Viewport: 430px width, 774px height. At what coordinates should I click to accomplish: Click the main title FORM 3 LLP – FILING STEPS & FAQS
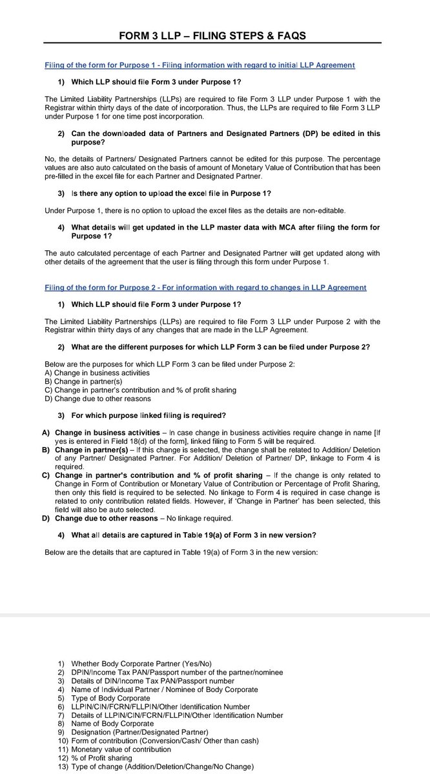(x=214, y=35)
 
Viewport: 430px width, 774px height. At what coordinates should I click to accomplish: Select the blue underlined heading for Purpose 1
(x=200, y=66)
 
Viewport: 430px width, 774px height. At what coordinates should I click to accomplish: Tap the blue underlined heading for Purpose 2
(x=205, y=287)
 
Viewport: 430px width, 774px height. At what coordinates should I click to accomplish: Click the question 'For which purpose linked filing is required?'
(x=148, y=415)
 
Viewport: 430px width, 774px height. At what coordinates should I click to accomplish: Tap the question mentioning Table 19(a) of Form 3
(x=194, y=535)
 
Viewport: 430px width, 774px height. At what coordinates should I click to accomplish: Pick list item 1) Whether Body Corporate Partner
(x=141, y=664)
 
